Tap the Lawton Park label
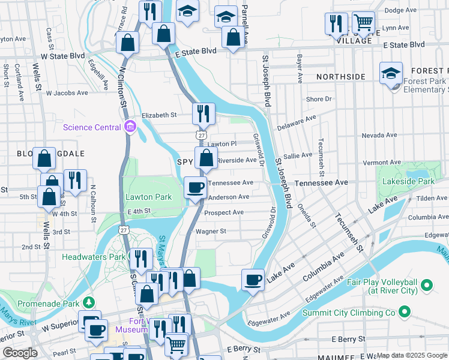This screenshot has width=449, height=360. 148,196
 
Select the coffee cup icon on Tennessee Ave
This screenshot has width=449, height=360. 194,187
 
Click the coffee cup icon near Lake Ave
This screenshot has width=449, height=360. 253,279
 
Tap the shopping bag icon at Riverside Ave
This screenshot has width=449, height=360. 206,158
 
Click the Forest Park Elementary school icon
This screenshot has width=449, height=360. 391,74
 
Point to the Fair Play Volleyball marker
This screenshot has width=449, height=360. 427,284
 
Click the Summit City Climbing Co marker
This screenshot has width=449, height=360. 405,312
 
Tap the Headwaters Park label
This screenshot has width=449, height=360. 93,257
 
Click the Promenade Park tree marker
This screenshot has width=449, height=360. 89,301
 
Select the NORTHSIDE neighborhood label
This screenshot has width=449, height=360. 340,77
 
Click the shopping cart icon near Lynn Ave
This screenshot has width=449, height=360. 363,23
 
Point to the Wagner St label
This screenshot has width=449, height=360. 211,231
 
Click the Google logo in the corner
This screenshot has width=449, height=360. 20,353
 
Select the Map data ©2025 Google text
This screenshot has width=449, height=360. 411,355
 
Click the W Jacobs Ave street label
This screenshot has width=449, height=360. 70,93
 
